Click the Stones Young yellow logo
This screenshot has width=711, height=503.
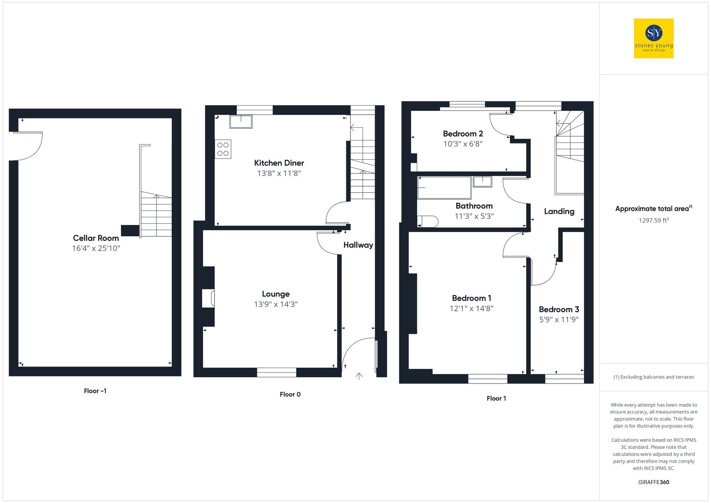tap(653, 38)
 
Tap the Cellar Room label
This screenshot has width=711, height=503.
tap(96, 238)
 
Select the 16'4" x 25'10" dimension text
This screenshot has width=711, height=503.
tap(96, 248)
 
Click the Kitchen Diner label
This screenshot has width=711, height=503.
tap(279, 163)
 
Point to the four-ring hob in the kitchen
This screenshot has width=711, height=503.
tap(223, 149)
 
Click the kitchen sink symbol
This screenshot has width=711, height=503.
tap(241, 121)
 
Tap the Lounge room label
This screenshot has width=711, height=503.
tap(276, 294)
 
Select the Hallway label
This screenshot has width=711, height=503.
tap(358, 245)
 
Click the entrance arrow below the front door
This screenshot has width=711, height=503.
tap(359, 376)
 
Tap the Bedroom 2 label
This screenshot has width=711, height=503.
tap(463, 134)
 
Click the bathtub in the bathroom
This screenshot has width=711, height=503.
tap(444, 188)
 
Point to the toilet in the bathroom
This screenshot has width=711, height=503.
tap(428, 221)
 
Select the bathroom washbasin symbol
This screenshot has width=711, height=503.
tap(482, 182)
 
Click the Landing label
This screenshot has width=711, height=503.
tap(559, 212)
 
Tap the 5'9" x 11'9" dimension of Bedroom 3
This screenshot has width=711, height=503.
tap(559, 320)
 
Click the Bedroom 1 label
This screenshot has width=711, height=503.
tap(471, 298)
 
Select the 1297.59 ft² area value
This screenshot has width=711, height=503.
tap(653, 220)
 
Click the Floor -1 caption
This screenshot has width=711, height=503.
tap(95, 391)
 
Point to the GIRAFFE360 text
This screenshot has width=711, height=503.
tap(653, 482)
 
